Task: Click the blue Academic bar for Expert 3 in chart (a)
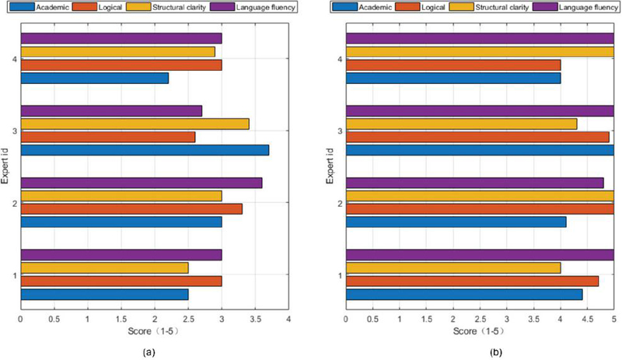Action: [x=144, y=150]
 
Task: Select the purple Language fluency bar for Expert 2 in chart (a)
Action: [x=141, y=183]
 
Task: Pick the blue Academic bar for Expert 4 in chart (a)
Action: [x=94, y=78]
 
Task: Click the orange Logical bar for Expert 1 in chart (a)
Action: [x=121, y=281]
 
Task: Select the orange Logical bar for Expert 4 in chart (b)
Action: [x=453, y=65]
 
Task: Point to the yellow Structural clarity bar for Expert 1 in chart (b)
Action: [x=453, y=267]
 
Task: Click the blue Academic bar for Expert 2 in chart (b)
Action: [x=456, y=222]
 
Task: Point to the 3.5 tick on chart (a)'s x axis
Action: [x=255, y=319]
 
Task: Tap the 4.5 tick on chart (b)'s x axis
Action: [x=587, y=319]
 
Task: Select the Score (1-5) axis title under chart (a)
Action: [x=154, y=330]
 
